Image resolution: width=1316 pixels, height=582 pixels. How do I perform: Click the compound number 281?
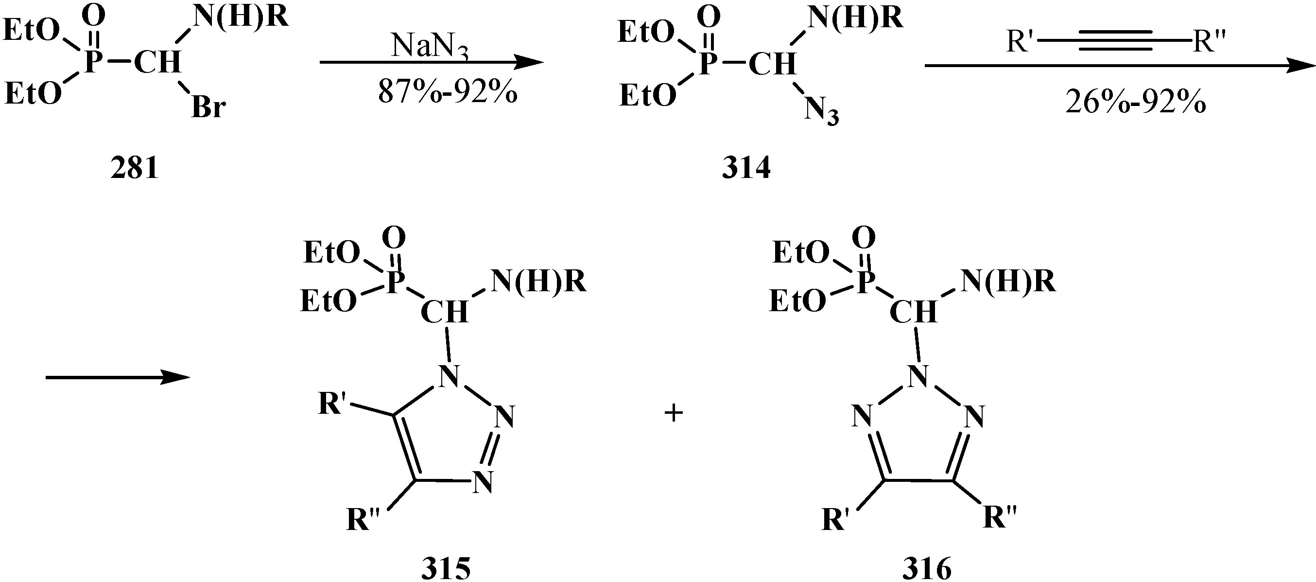click(x=134, y=168)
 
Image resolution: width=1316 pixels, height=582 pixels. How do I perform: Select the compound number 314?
click(x=746, y=168)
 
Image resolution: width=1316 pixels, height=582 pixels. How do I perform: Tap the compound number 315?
click(x=446, y=568)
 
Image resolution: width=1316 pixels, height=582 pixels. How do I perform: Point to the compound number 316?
click(x=927, y=568)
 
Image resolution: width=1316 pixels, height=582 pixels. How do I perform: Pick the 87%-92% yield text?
click(x=448, y=93)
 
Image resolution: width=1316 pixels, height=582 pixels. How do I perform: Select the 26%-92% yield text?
click(x=1135, y=103)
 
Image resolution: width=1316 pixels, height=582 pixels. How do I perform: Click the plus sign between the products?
click(x=674, y=413)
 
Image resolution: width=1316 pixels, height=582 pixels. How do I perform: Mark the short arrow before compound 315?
click(x=118, y=377)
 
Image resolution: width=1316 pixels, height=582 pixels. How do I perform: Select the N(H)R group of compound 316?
click(x=1008, y=282)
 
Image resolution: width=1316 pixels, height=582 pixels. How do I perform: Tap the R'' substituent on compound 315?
click(x=363, y=520)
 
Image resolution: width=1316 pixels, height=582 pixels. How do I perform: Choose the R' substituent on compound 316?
click(x=835, y=520)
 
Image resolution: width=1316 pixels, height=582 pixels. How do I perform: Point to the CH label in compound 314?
click(x=772, y=64)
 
